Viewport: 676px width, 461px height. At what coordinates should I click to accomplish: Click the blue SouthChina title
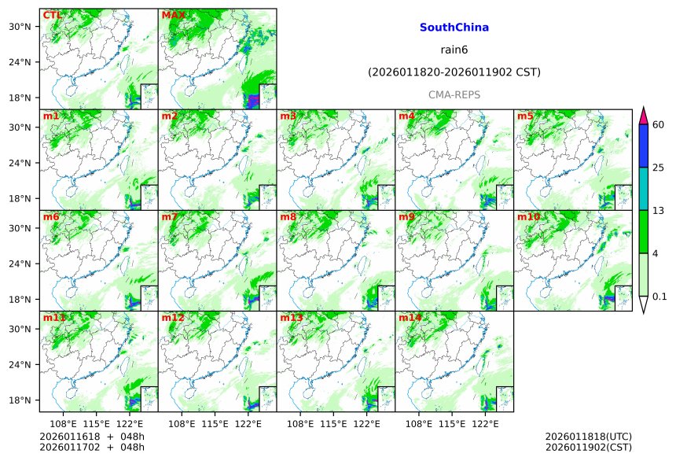click(454, 28)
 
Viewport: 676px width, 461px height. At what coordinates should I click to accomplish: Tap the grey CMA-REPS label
click(454, 94)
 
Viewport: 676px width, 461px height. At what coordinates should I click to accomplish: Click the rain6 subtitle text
click(454, 50)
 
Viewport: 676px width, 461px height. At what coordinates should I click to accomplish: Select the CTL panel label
click(52, 15)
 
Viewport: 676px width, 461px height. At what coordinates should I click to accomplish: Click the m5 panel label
click(525, 116)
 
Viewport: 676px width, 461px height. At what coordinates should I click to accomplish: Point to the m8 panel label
click(288, 217)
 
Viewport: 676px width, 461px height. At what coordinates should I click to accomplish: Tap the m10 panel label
click(528, 217)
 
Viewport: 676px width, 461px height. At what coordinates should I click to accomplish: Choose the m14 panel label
click(410, 318)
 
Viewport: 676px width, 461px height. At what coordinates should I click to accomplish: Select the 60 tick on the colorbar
click(659, 124)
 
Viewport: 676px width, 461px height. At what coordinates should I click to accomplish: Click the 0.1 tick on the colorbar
click(659, 297)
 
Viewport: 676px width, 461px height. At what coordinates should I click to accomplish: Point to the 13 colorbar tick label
click(659, 210)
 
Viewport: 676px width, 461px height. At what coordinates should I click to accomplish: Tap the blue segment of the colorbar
click(643, 146)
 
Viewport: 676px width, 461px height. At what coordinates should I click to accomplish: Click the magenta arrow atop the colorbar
click(643, 115)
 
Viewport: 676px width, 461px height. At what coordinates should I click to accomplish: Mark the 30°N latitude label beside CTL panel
click(25, 27)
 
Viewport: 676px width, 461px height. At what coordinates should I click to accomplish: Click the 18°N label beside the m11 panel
click(25, 400)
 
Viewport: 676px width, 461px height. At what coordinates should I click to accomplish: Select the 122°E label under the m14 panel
click(485, 424)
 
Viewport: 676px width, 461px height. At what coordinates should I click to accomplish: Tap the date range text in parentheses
click(454, 72)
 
